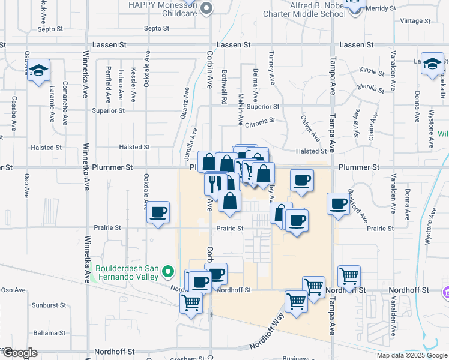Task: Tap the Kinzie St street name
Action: pyautogui.click(x=371, y=71)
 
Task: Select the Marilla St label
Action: pyautogui.click(x=370, y=88)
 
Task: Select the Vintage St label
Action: pyautogui.click(x=412, y=21)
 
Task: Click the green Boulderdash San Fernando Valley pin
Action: pyautogui.click(x=169, y=273)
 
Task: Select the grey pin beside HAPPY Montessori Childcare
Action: pyautogui.click(x=207, y=8)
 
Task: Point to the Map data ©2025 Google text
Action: pyautogui.click(x=411, y=355)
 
